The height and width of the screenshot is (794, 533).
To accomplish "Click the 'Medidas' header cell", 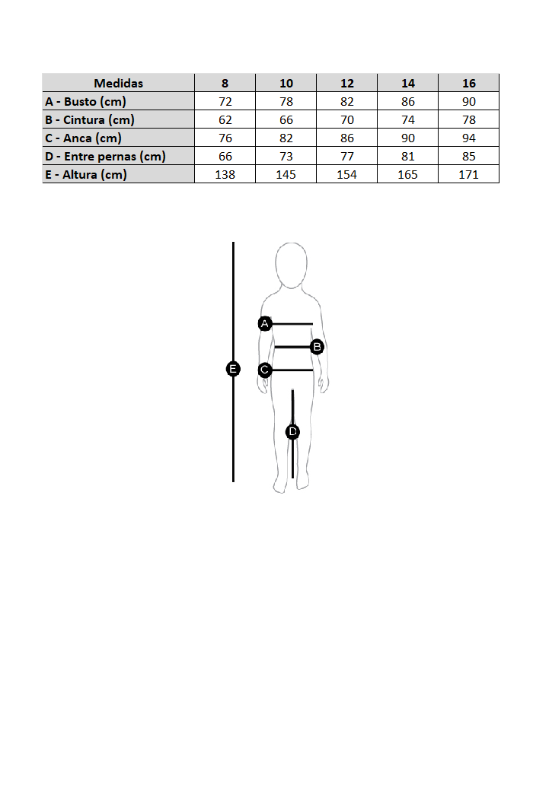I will [x=118, y=83].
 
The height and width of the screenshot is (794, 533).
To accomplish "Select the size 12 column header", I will [x=346, y=83].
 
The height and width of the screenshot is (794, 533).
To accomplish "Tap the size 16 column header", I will [x=468, y=83].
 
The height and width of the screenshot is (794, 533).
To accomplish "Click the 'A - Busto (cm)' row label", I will [x=85, y=101].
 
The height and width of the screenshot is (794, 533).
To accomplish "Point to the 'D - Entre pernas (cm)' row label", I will [x=105, y=156].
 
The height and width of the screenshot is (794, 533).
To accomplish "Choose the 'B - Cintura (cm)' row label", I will [x=90, y=119].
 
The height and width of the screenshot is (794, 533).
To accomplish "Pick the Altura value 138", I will [x=225, y=174].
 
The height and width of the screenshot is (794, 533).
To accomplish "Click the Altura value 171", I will [x=468, y=174].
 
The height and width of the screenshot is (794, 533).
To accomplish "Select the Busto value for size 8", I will [x=225, y=101].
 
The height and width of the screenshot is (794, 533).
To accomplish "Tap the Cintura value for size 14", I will [x=407, y=119].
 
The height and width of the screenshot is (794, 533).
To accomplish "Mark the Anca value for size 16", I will [x=468, y=138].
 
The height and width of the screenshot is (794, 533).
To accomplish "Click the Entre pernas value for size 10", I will [x=286, y=156].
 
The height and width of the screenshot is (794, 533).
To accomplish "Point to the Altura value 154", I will [x=346, y=174].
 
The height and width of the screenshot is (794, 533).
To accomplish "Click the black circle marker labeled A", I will [x=265, y=324].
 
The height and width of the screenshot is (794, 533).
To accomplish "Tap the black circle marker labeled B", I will [x=318, y=347].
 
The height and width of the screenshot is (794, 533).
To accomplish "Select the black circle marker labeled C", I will [x=265, y=370].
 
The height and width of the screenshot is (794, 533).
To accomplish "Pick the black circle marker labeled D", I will [x=292, y=432].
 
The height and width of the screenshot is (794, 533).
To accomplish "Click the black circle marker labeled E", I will [x=233, y=369].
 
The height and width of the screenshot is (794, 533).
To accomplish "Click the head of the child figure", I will [x=291, y=265].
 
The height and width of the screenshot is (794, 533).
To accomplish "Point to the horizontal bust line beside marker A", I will [x=293, y=324].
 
